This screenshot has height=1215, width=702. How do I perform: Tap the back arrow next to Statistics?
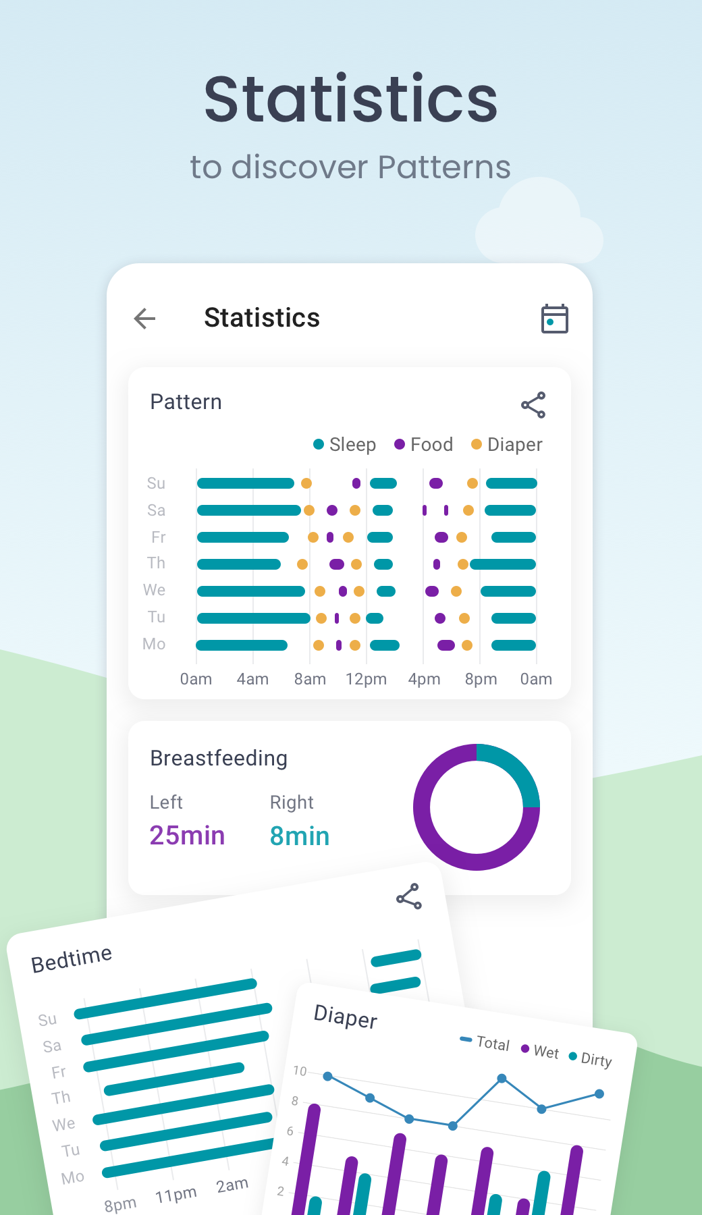[145, 318]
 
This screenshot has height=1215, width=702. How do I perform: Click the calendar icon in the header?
[554, 319]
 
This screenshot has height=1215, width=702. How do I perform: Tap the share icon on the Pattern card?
[533, 405]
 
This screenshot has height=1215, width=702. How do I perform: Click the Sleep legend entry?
[345, 444]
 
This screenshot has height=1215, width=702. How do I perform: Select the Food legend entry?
[424, 444]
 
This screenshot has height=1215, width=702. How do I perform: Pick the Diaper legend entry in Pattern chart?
[507, 444]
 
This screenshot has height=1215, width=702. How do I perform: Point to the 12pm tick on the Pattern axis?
[366, 679]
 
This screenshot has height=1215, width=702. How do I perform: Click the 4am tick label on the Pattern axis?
[252, 679]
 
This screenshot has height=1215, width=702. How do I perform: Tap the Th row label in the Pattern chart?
[156, 563]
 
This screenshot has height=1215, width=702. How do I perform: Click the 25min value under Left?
[187, 836]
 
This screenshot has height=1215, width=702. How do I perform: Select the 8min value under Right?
[300, 836]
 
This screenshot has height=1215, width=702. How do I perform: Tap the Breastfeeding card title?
[219, 758]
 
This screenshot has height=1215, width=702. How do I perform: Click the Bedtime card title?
[72, 959]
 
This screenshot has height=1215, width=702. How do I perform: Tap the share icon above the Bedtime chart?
[409, 896]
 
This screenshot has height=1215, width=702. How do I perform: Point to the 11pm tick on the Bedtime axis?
[175, 1195]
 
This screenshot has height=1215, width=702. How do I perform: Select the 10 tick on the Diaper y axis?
[300, 1071]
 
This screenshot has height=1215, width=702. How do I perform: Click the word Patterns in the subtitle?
[443, 167]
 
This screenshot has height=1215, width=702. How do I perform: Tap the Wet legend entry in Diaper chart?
[540, 1051]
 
